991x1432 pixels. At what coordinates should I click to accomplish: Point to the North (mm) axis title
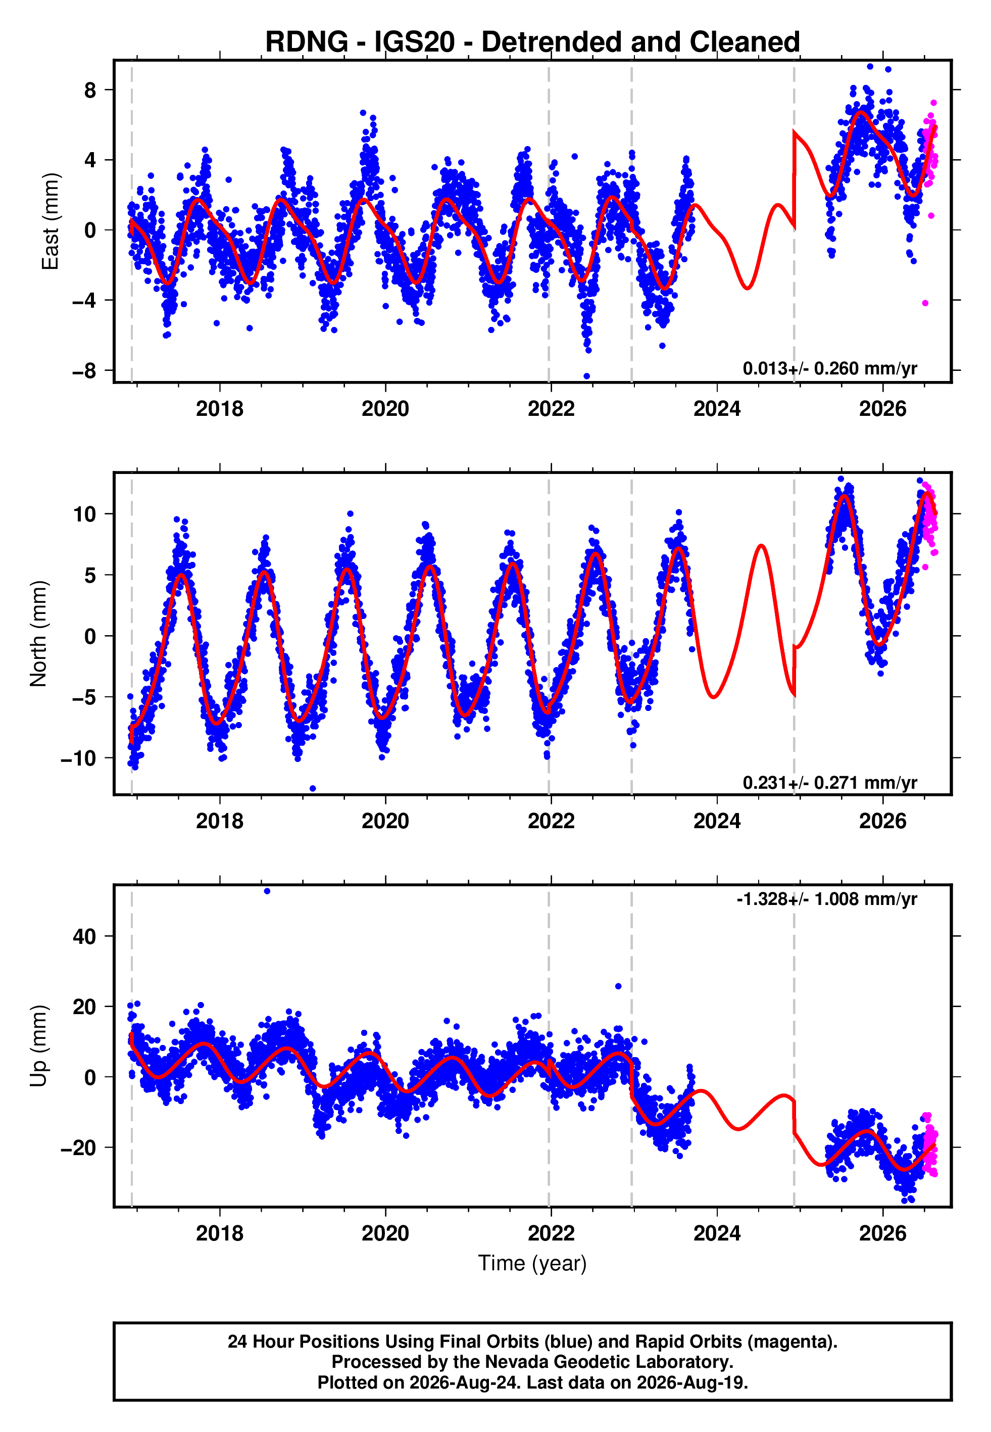(x=38, y=634)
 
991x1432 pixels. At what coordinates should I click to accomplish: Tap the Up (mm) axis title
(x=38, y=1046)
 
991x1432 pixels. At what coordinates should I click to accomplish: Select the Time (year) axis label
(x=532, y=1263)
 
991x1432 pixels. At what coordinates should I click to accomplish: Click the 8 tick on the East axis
(x=90, y=90)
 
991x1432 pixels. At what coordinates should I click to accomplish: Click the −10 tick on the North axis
(x=79, y=758)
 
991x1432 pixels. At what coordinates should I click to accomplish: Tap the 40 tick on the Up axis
(x=84, y=936)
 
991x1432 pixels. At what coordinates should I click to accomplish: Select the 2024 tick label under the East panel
(x=717, y=409)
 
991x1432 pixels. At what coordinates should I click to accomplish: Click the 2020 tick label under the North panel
(x=385, y=821)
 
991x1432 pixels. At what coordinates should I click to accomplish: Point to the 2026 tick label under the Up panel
(x=883, y=1233)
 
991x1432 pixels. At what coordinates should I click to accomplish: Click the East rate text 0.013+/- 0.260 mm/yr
(x=830, y=369)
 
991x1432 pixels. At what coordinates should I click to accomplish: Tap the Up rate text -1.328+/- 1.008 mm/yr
(x=827, y=899)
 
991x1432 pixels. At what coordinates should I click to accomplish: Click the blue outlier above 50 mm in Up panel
(x=267, y=891)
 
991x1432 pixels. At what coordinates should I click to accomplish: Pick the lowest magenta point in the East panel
(x=925, y=303)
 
